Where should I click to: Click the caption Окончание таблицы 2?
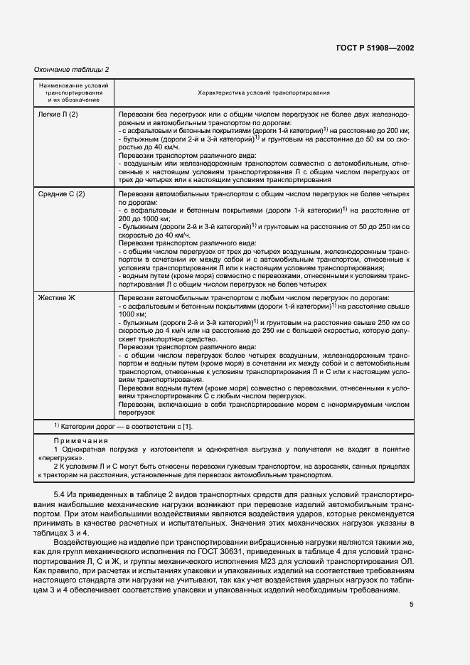(x=72, y=69)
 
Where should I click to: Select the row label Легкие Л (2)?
(x=58, y=114)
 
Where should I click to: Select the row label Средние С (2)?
(x=61, y=194)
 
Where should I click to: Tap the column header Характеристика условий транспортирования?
(x=263, y=92)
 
